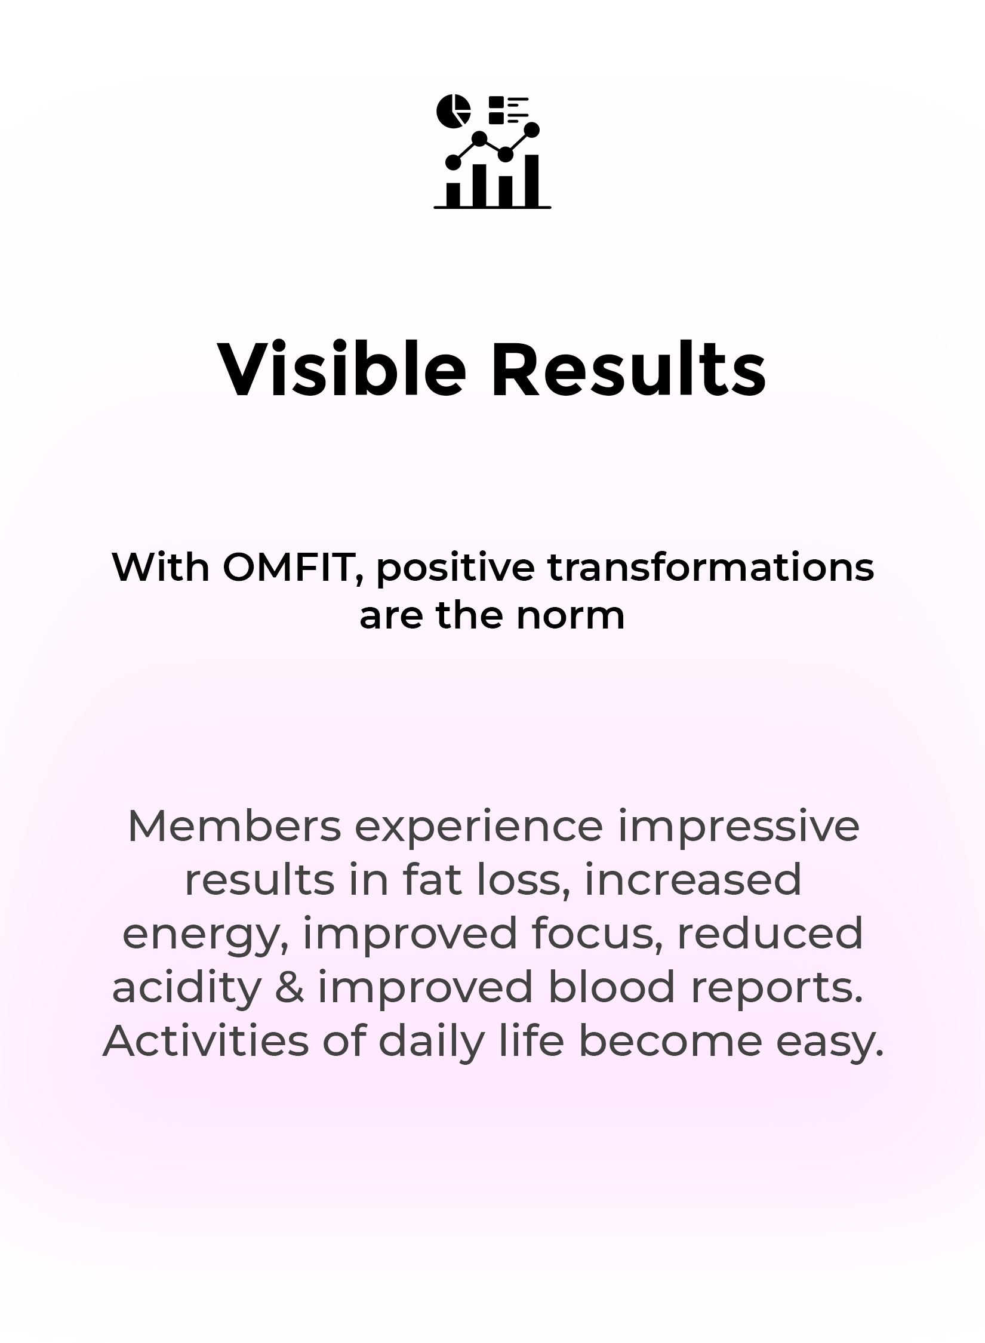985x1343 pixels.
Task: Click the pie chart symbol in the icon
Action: pos(454,111)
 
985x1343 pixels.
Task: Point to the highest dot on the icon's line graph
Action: pos(532,129)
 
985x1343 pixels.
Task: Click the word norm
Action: pos(571,616)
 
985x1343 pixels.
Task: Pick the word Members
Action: pos(234,826)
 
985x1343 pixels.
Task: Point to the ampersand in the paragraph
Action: pos(290,987)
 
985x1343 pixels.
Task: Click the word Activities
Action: pos(206,1040)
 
